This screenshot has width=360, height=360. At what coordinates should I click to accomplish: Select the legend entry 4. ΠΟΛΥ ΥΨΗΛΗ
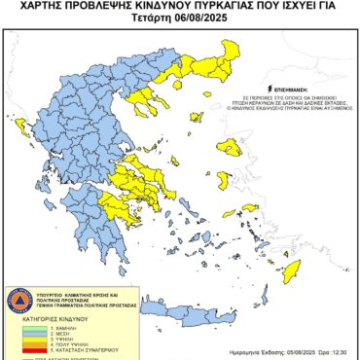coord(53,345)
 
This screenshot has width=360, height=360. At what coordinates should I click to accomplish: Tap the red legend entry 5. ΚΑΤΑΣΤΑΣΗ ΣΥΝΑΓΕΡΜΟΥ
coord(64,351)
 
